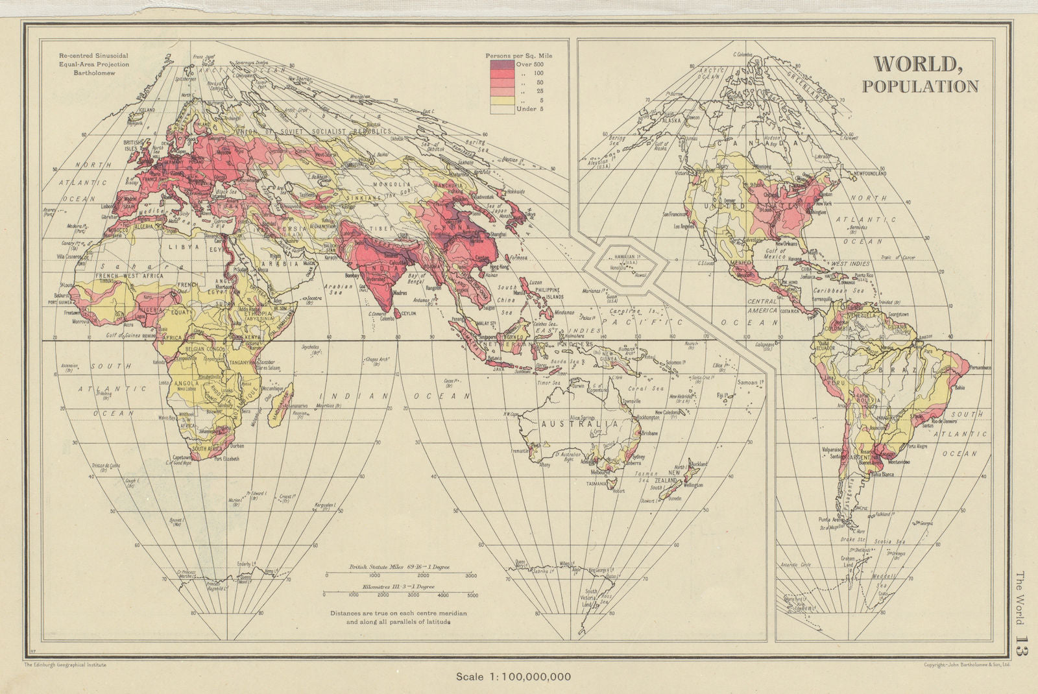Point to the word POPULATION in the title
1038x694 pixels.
(x=920, y=86)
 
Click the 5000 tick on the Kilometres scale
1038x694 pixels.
(x=472, y=595)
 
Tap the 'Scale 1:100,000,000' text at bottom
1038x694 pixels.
(x=513, y=676)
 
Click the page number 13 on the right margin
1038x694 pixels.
(x=1022, y=649)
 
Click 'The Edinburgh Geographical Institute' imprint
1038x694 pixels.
(x=65, y=664)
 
